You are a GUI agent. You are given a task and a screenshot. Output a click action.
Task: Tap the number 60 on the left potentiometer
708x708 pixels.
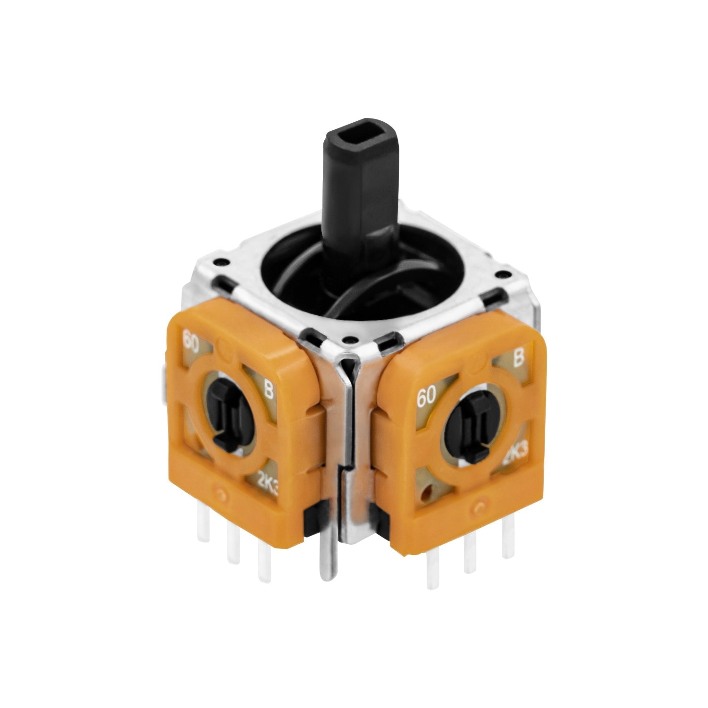click(192, 341)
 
